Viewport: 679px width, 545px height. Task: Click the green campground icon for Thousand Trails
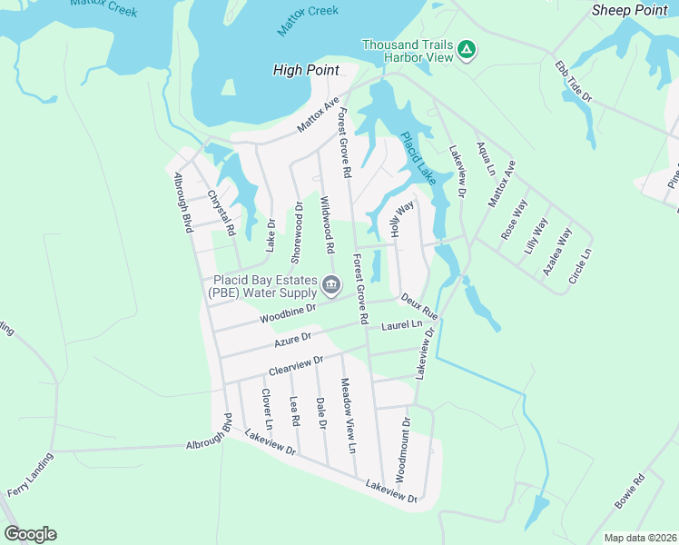coord(466,48)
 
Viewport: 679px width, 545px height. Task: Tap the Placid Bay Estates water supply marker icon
coord(331,286)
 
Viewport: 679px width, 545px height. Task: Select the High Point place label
coord(306,70)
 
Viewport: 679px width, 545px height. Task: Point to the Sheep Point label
coord(629,10)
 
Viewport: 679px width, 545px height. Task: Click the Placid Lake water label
coord(418,159)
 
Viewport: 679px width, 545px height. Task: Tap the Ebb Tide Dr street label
coord(574,83)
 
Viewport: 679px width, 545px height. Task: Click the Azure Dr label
coord(293,341)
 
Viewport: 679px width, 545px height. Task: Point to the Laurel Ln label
coord(402,324)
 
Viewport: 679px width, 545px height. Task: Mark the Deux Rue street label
coord(419,305)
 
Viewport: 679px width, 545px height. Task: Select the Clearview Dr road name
coord(295,367)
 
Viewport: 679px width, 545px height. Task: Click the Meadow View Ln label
coord(348,415)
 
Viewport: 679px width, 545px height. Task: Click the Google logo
coord(30,534)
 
